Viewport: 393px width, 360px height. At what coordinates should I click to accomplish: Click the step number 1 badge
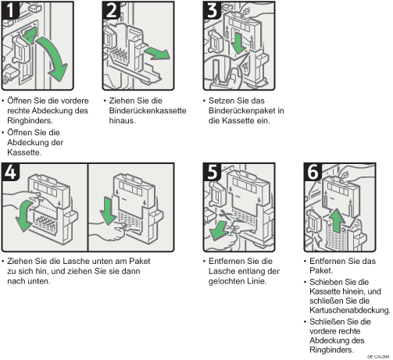point(10,10)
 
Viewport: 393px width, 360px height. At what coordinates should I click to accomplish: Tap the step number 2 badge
point(111,10)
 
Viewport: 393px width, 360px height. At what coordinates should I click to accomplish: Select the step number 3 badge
point(212,10)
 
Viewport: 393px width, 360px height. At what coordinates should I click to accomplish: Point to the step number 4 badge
point(10,172)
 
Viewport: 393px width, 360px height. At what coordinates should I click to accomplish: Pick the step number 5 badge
point(212,172)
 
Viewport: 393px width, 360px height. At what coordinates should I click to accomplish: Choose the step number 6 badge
point(313,172)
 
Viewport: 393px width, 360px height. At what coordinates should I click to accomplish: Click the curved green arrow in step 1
point(56,56)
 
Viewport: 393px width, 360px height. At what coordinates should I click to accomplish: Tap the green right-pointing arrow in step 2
point(157,53)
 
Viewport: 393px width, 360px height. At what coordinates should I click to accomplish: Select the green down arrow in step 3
point(238,42)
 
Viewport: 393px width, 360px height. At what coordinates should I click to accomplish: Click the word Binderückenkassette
point(148,111)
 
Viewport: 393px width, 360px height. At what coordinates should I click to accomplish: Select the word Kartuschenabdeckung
point(349,310)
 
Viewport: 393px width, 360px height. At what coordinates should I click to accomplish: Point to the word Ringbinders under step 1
point(29,121)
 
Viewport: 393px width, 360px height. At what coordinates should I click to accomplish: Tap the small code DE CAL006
point(378,357)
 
